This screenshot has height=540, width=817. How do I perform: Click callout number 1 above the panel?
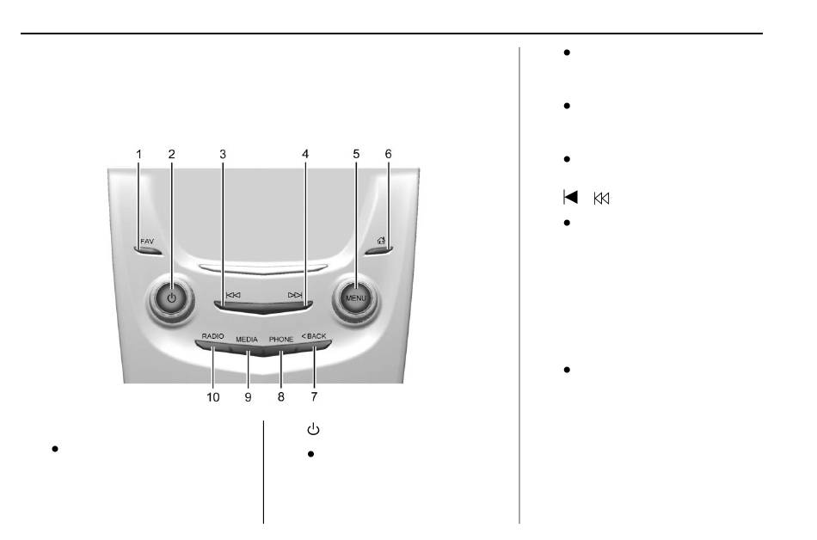139,154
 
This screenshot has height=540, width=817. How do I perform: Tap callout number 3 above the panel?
223,154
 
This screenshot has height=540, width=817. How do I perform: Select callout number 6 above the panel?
388,154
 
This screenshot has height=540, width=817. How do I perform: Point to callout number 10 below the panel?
213,397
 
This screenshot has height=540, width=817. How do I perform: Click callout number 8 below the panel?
281,397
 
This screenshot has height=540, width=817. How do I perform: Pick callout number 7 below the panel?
314,396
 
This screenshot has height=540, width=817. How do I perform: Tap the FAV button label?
147,242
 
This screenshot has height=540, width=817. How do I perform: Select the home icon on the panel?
381,241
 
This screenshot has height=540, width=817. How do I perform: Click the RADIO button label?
213,336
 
